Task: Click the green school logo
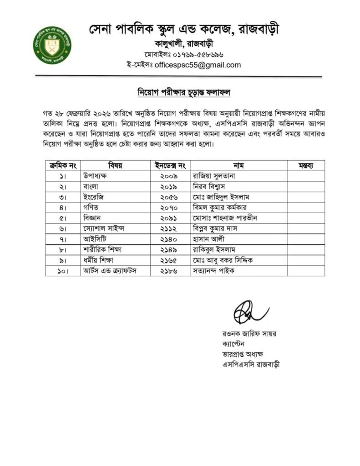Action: [52, 45]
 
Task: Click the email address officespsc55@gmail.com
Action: [198, 65]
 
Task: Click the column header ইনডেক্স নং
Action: [170, 164]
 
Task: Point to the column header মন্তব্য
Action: [305, 164]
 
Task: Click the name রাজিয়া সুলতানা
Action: [213, 175]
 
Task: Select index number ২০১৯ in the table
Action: [169, 186]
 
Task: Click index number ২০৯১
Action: [169, 218]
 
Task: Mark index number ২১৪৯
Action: [169, 249]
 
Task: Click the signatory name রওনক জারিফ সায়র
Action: [249, 334]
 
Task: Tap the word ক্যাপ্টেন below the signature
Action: [234, 344]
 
